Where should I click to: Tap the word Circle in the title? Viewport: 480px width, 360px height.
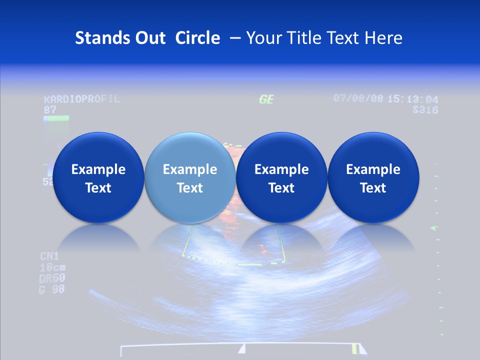coord(197,38)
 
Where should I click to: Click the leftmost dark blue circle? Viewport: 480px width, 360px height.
coord(98,178)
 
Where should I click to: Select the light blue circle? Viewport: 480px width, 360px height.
coord(190,178)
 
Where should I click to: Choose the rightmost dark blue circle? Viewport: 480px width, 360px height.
coord(373,178)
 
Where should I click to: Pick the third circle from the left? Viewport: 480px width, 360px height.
coord(281,178)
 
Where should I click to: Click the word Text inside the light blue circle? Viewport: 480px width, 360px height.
coord(190,188)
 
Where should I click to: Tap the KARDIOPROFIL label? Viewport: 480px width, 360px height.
coord(82,98)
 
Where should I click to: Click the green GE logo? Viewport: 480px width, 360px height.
coord(266,99)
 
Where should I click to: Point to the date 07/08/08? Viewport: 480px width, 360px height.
coord(358,98)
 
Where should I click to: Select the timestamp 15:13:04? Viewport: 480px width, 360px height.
coord(412,99)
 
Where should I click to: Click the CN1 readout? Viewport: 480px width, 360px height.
coord(49,256)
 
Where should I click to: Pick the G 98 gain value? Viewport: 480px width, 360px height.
coord(52,289)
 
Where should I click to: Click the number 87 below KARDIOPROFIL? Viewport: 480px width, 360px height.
coord(49,109)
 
